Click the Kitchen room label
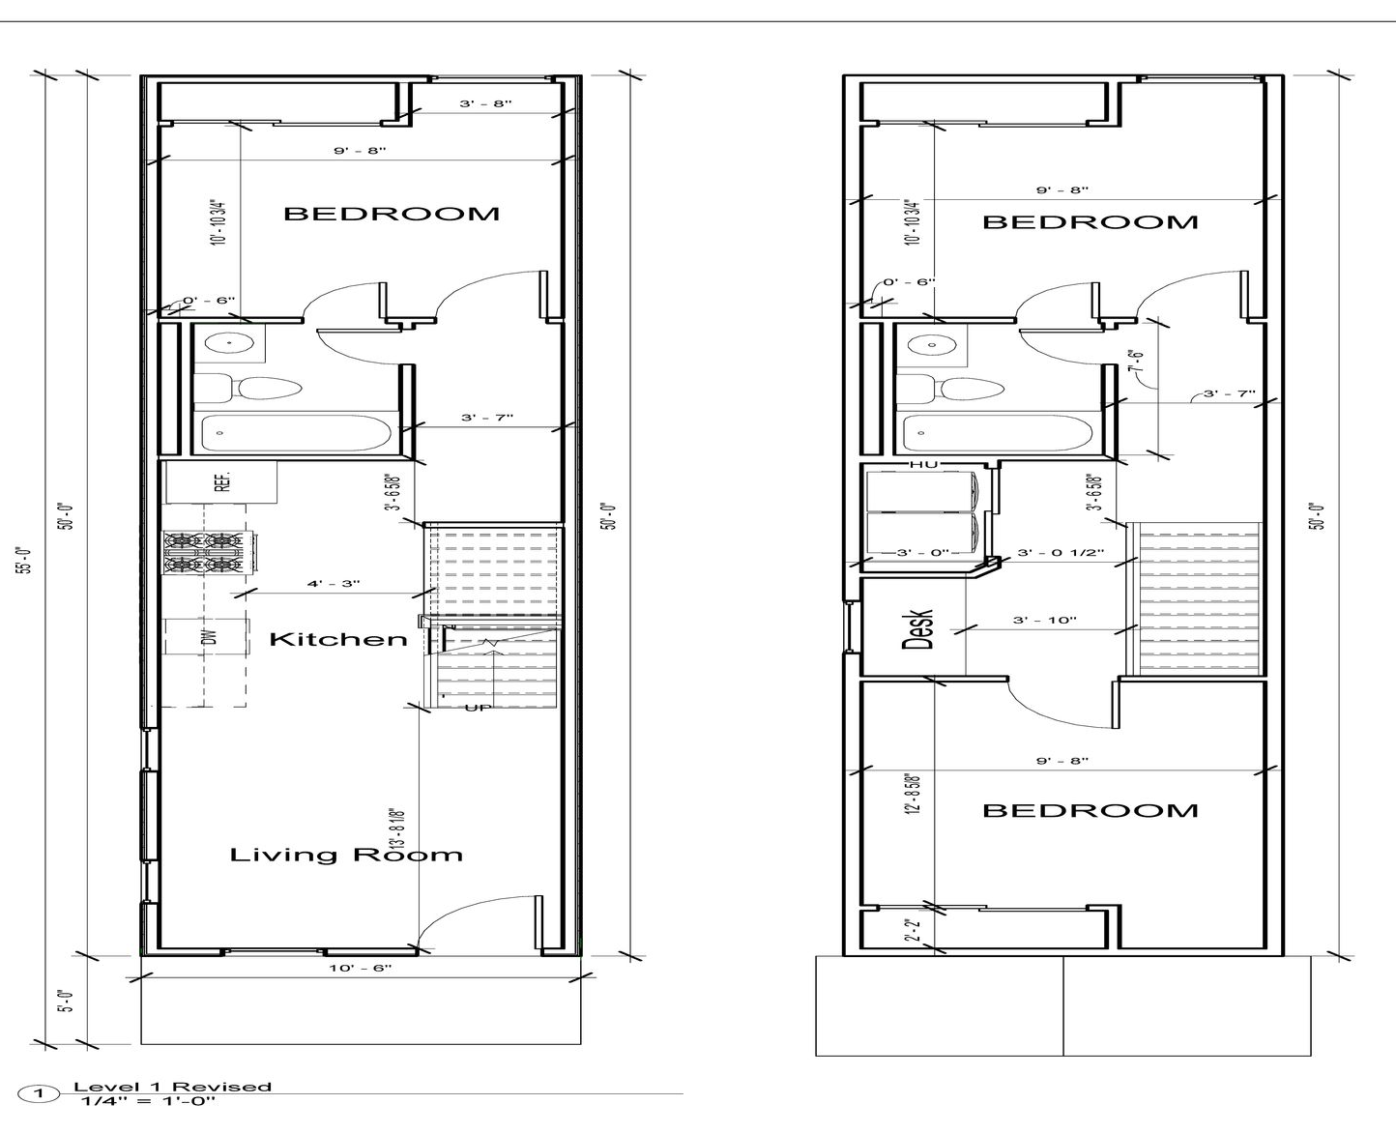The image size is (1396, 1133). (337, 639)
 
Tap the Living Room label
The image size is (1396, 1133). (345, 855)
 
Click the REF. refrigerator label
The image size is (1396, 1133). (221, 481)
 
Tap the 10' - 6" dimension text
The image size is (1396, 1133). (360, 968)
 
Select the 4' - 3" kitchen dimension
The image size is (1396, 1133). (334, 584)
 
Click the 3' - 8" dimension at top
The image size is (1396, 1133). (484, 103)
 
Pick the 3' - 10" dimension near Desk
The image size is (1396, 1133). (1044, 620)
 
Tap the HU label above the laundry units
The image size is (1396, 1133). (923, 465)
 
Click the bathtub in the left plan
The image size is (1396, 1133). (296, 433)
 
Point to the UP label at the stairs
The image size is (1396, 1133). (478, 708)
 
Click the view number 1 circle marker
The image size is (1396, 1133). (39, 1094)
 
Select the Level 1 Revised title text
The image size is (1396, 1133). (172, 1087)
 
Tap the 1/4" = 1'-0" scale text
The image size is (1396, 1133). (148, 1101)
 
